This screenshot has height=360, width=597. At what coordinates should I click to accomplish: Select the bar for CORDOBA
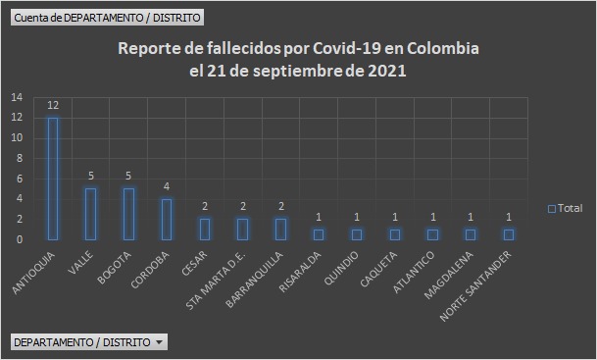(x=167, y=219)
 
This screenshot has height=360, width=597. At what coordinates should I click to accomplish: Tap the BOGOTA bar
(x=128, y=214)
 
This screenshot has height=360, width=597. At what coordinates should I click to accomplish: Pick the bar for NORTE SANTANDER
(x=509, y=234)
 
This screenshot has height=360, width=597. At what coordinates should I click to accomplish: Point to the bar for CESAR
(x=205, y=229)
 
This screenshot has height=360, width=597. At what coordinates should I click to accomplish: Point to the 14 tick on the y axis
(x=17, y=97)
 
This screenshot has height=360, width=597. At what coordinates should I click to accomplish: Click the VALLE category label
(x=81, y=261)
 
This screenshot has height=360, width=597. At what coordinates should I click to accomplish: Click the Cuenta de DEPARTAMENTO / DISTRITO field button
(x=108, y=17)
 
